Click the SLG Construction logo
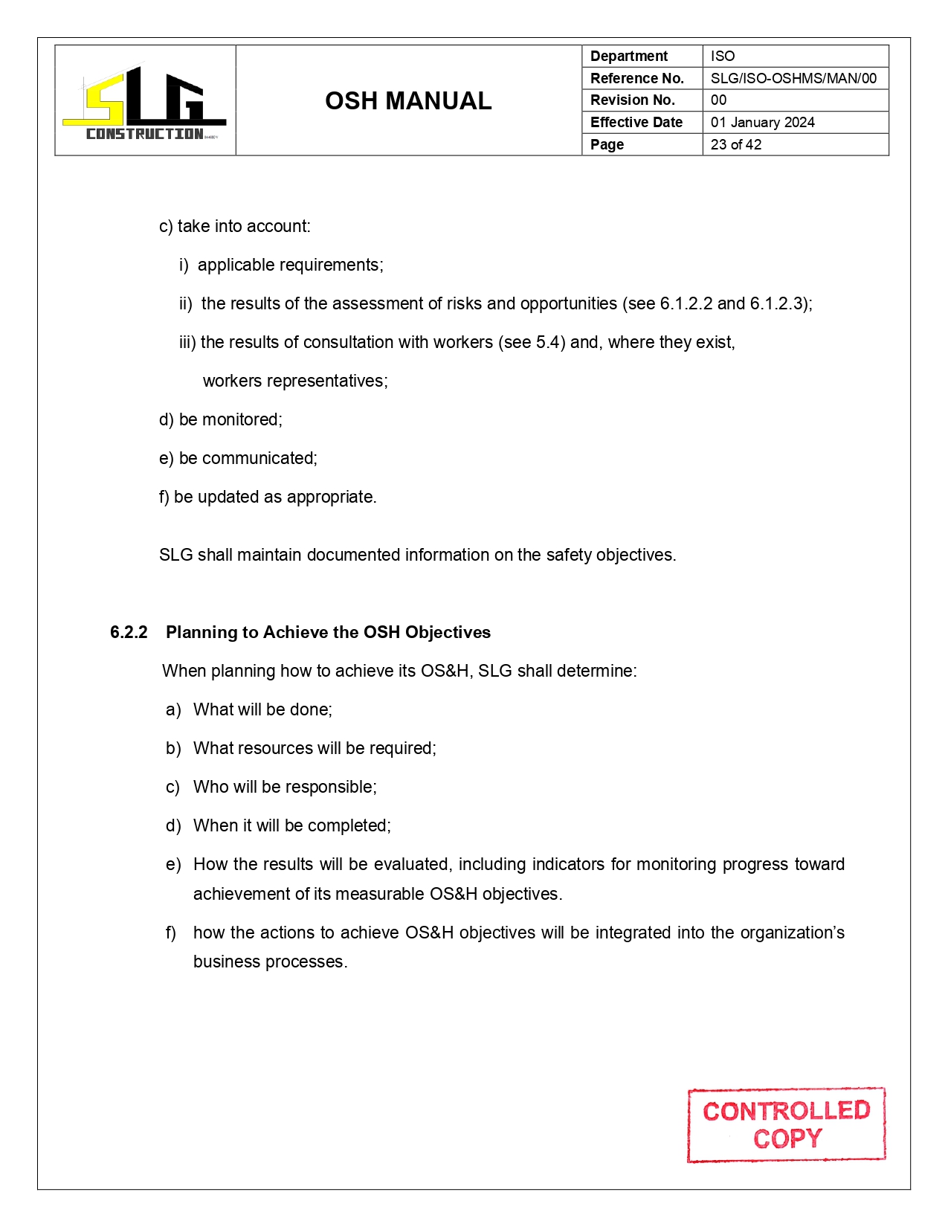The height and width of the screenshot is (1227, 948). (x=145, y=103)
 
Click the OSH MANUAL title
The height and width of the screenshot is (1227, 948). (x=408, y=101)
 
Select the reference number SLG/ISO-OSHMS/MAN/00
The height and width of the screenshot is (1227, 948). (x=793, y=78)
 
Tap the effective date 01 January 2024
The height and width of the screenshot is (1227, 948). (x=762, y=123)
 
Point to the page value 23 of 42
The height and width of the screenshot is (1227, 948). (x=735, y=145)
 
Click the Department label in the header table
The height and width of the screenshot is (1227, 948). (x=629, y=57)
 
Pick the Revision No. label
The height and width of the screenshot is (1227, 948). (x=632, y=100)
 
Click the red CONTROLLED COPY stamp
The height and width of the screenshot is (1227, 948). (x=786, y=1124)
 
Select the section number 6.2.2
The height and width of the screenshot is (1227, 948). (x=129, y=633)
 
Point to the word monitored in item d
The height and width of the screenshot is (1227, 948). (x=241, y=420)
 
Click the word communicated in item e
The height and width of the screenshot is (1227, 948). (x=259, y=459)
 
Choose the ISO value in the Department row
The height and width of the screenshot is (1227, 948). (x=722, y=57)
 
